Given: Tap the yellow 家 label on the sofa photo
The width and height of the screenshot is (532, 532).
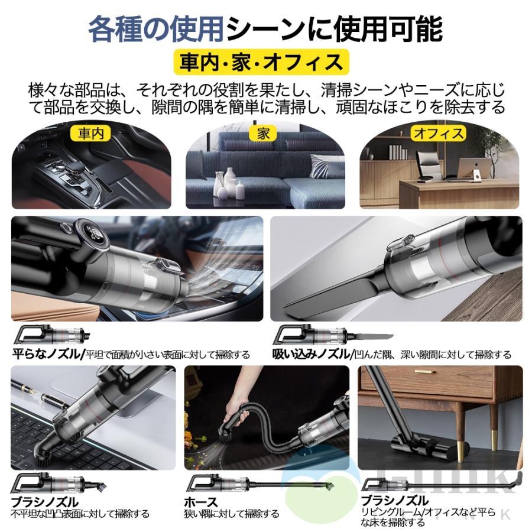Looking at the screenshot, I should pos(264,134).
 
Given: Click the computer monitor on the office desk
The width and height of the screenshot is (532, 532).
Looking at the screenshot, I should pos(480,169).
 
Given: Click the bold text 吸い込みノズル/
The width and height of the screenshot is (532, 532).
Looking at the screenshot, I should pos(312,355).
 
